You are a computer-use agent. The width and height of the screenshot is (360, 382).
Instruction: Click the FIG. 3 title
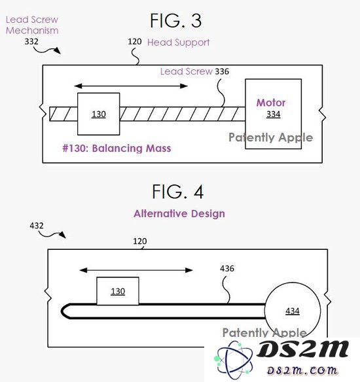tap(175, 21)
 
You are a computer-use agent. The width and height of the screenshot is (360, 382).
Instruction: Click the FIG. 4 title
tap(177, 192)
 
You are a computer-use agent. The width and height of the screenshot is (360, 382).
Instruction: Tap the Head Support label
tap(179, 43)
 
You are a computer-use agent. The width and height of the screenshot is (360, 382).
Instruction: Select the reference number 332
tap(31, 41)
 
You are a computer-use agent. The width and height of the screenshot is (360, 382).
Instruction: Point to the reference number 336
tap(222, 71)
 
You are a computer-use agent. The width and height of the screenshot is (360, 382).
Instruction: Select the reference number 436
tap(227, 268)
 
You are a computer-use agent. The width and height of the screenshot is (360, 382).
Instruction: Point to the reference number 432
tap(37, 226)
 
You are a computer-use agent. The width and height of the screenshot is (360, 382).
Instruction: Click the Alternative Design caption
tap(179, 214)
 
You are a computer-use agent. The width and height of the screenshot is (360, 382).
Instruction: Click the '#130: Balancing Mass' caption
tap(117, 148)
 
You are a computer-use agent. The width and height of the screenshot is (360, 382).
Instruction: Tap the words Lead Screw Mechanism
tap(32, 25)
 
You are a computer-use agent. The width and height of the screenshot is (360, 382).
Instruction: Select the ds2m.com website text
tap(302, 370)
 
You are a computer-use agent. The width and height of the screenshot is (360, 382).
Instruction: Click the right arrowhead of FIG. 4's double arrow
tap(189, 270)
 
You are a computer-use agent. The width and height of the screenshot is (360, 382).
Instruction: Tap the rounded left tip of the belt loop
tap(62, 311)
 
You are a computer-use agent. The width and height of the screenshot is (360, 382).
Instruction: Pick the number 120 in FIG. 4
tap(140, 241)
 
